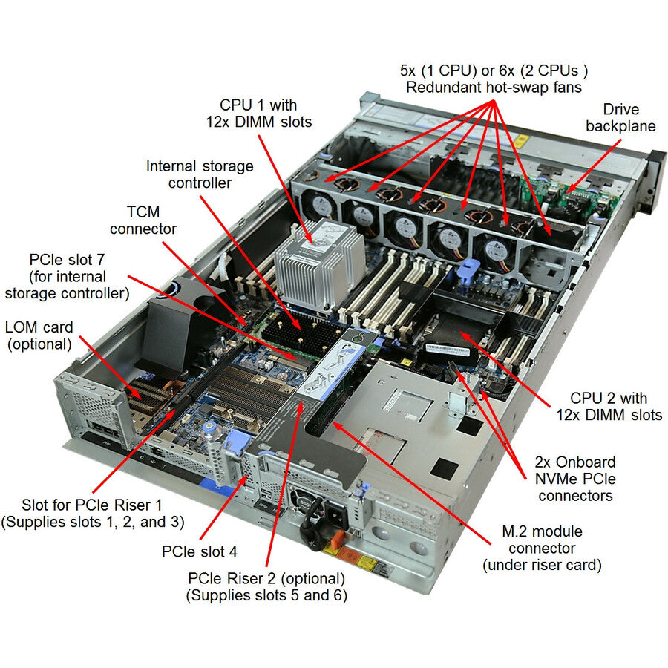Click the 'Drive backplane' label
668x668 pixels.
[620, 117]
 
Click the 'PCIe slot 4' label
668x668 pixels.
[199, 552]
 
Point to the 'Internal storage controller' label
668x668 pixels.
[200, 174]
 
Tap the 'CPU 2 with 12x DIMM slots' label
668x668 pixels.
[609, 407]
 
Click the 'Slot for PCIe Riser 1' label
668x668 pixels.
[92, 512]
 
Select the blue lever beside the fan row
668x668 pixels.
[465, 271]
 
